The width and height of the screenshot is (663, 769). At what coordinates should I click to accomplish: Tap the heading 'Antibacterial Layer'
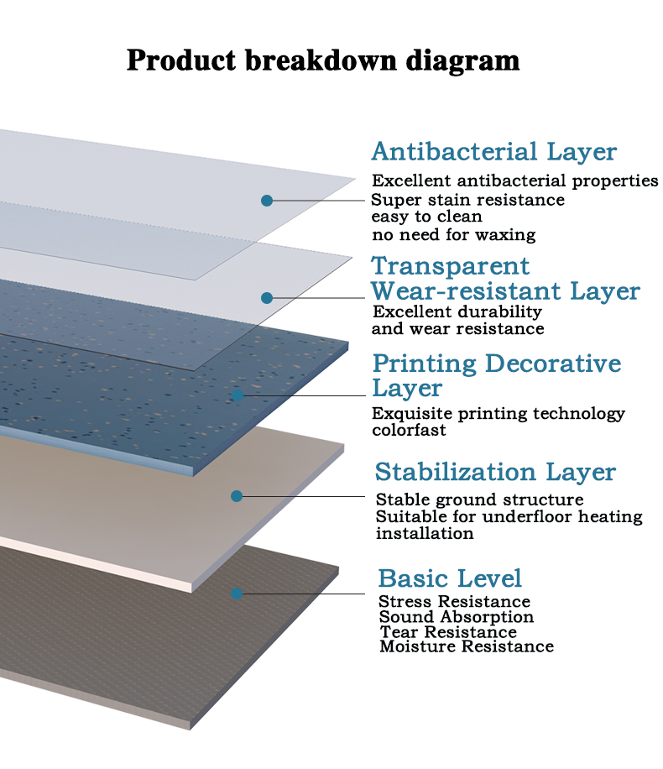pyautogui.click(x=493, y=152)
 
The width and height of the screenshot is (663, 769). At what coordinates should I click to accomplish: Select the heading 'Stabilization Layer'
pyautogui.click(x=495, y=472)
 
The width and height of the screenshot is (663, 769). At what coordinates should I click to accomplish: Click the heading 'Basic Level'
pyautogui.click(x=450, y=578)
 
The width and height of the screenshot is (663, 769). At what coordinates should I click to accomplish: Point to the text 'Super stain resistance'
pyautogui.click(x=467, y=200)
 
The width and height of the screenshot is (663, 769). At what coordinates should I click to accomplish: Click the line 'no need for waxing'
pyautogui.click(x=453, y=234)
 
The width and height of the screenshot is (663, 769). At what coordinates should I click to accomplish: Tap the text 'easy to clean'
pyautogui.click(x=426, y=217)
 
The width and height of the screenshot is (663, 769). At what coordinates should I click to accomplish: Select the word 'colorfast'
pyautogui.click(x=409, y=430)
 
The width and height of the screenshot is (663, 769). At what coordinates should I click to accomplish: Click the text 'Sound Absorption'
pyautogui.click(x=456, y=617)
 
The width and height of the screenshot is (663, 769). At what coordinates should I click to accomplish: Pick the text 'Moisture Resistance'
pyautogui.click(x=467, y=646)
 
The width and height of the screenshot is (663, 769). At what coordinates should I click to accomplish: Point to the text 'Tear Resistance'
pyautogui.click(x=448, y=631)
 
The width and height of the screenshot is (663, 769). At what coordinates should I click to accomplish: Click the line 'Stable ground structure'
pyautogui.click(x=479, y=500)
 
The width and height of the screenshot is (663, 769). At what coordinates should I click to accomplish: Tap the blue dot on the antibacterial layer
pyautogui.click(x=267, y=201)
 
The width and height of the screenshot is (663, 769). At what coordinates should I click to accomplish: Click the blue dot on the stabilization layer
pyautogui.click(x=237, y=496)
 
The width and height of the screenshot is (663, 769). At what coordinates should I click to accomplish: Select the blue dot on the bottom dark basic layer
pyautogui.click(x=237, y=594)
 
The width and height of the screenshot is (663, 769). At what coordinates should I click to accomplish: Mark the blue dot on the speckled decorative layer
pyautogui.click(x=238, y=395)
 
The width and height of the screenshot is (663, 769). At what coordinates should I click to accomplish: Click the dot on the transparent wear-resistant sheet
pyautogui.click(x=267, y=298)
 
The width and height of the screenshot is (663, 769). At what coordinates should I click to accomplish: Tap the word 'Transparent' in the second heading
pyautogui.click(x=450, y=266)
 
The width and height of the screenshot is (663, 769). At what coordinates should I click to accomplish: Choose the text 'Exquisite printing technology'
pyautogui.click(x=499, y=413)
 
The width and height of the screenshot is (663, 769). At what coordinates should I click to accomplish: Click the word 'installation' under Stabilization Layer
pyautogui.click(x=425, y=534)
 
